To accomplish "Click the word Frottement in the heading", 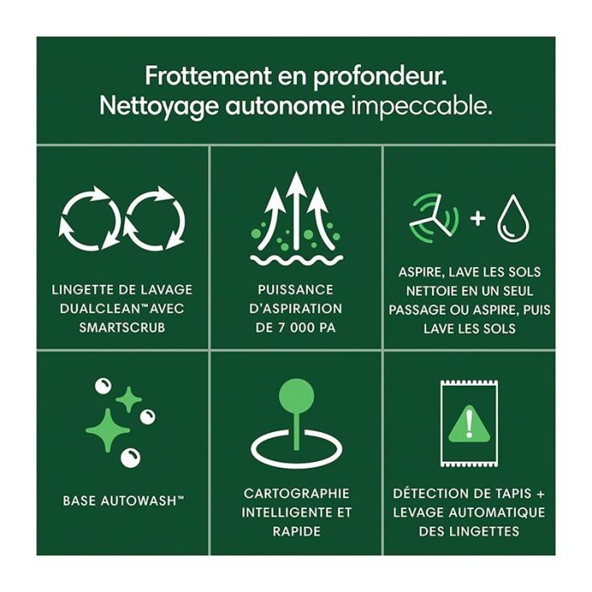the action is [208, 76].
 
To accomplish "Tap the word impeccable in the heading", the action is [422, 106].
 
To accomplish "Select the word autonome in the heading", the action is [285, 107].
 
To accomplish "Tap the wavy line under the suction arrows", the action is [297, 260].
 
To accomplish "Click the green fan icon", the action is [434, 218].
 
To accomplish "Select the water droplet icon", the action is [513, 218].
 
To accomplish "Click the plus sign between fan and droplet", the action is [478, 218].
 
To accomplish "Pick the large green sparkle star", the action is [108, 430].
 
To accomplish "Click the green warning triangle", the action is [469, 425].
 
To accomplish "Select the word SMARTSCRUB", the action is [122, 328].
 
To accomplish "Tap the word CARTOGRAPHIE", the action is [296, 493].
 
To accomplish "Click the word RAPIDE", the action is [296, 531].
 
